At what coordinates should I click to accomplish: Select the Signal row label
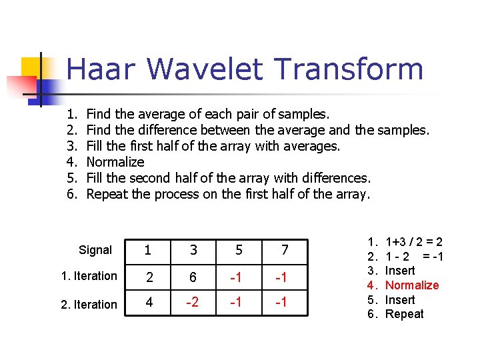coord(95,250)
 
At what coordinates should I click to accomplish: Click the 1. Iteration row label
coord(89,276)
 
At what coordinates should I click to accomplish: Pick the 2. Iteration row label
coord(89,304)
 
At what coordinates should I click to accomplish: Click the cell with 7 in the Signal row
coord(285,250)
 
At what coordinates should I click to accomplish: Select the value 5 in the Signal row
coord(239,250)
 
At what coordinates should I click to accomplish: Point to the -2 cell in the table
coord(193,303)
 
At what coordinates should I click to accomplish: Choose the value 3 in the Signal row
coord(193,250)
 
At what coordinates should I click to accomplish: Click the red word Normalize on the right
coord(412,285)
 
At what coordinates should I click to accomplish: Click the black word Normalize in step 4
coord(115,162)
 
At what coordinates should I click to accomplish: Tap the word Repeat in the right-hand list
coord(404,314)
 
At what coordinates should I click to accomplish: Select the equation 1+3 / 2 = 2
coord(413,243)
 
